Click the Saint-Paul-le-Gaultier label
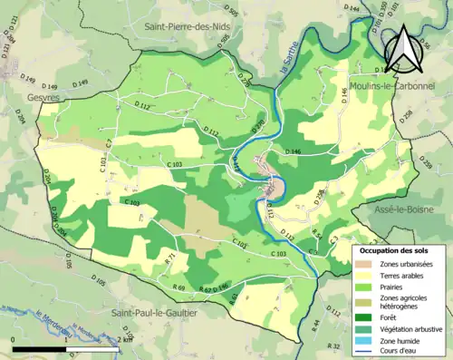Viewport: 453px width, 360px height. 153,313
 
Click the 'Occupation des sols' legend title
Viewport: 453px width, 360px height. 395,250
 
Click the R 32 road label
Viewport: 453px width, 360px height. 333,346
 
